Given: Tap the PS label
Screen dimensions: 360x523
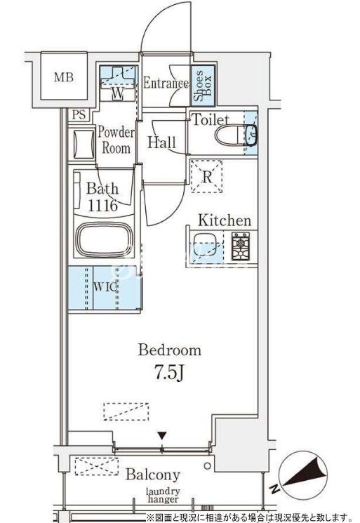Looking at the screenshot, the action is click(79, 115).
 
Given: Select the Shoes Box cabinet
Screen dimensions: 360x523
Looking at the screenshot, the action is click(202, 85).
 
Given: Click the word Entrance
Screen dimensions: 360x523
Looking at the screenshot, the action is click(166, 83).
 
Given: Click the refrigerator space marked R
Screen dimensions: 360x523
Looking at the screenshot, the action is click(206, 176).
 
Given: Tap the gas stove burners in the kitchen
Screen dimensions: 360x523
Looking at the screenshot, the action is click(241, 246).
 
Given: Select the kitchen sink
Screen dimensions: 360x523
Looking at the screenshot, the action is click(205, 246).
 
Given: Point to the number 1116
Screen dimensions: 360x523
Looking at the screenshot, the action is click(102, 206).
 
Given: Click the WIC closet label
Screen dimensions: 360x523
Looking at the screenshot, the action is click(105, 287).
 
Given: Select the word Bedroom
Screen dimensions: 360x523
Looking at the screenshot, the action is click(170, 350).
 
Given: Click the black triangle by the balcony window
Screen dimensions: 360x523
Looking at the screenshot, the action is click(162, 436).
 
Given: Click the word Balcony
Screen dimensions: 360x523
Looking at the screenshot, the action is click(153, 474).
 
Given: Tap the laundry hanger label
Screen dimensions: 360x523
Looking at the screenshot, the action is click(164, 496).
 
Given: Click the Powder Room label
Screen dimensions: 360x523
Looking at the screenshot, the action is click(116, 140).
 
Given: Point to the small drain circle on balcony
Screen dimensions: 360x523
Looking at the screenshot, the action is click(208, 465).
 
